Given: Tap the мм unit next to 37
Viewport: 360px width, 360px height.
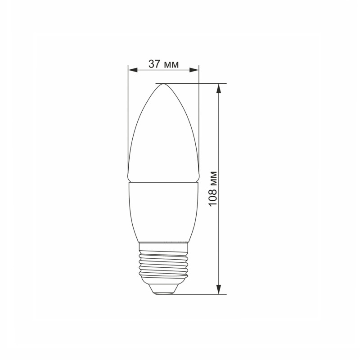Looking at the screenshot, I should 170,64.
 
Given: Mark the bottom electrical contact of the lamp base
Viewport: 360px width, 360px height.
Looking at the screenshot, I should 163,292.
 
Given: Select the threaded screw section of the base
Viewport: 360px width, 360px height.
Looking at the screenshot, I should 163,263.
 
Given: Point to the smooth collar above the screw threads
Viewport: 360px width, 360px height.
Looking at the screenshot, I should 163,245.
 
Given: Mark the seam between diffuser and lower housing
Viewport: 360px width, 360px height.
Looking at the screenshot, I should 163,182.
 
